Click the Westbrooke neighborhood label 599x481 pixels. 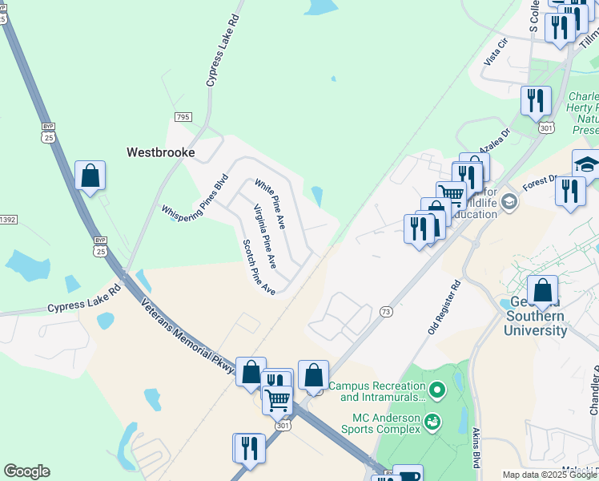pyautogui.click(x=161, y=152)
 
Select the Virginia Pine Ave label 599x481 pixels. pyautogui.click(x=264, y=236)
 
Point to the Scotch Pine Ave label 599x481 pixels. pyautogui.click(x=259, y=267)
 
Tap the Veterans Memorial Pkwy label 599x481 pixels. pyautogui.click(x=188, y=335)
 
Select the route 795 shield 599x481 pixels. pyautogui.click(x=183, y=117)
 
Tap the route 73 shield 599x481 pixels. pyautogui.click(x=386, y=311)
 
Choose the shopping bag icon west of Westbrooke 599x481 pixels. pyautogui.click(x=90, y=175)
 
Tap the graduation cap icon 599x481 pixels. pyautogui.click(x=586, y=164)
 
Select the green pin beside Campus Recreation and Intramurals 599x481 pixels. pyautogui.click(x=436, y=391)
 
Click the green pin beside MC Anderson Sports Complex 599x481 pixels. pyautogui.click(x=432, y=420)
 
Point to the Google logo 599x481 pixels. pyautogui.click(x=26, y=471)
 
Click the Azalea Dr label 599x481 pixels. pyautogui.click(x=494, y=143)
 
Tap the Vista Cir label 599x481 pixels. pyautogui.click(x=496, y=54)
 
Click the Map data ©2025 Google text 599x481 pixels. pyautogui.click(x=549, y=475)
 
